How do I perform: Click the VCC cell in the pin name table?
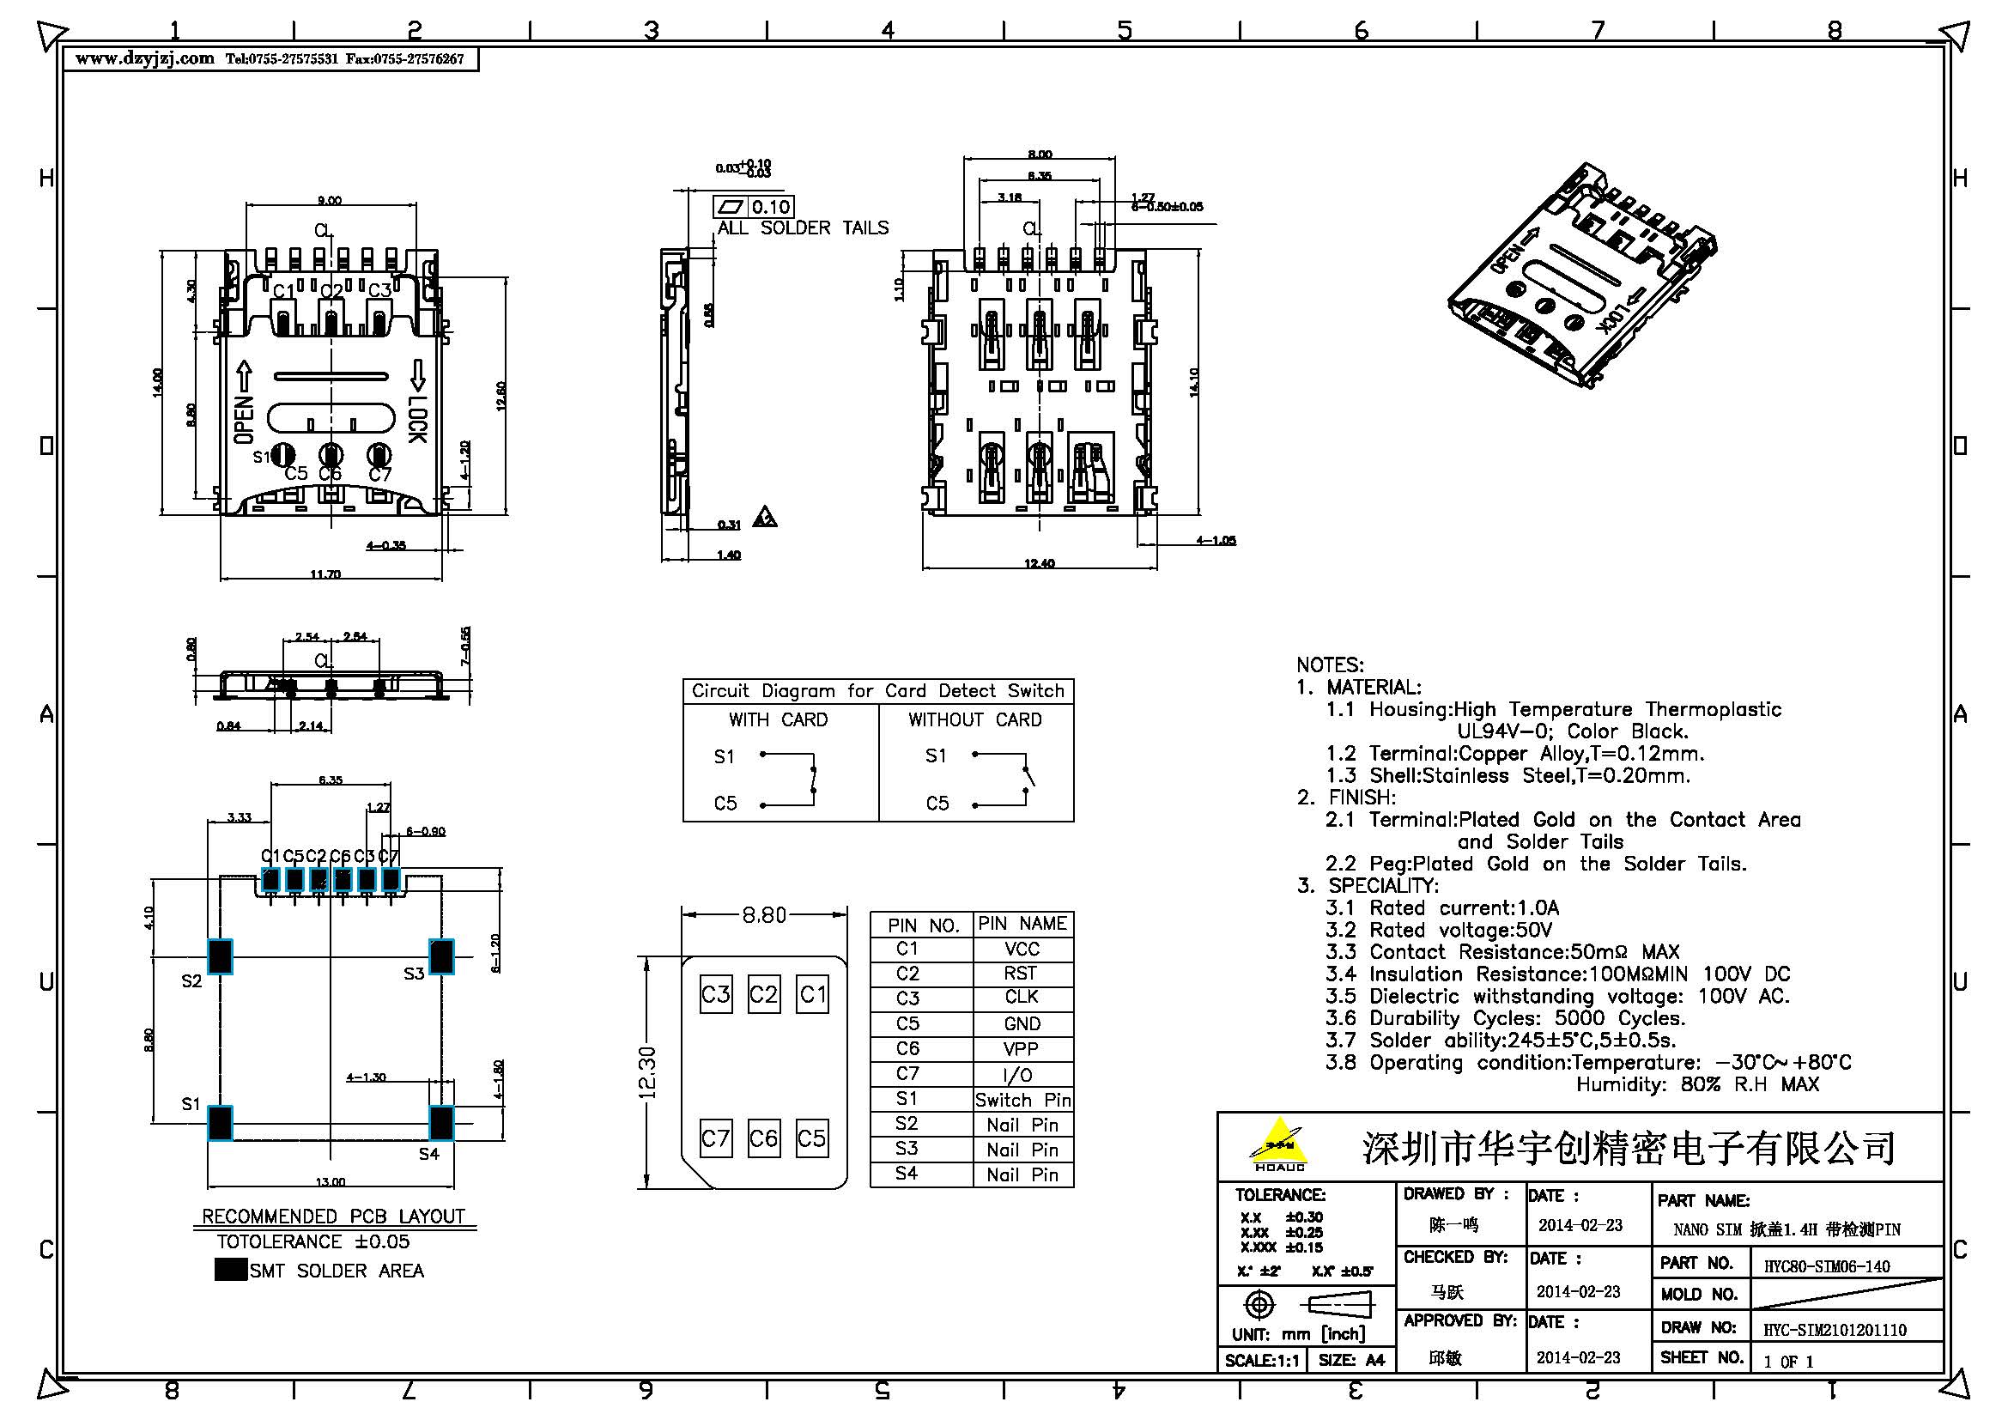pos(1022,949)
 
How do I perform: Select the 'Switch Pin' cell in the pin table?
pos(1022,1100)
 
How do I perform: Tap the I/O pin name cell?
pos(1022,1075)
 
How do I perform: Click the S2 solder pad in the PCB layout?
pos(221,956)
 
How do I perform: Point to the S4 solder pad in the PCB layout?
pos(441,1123)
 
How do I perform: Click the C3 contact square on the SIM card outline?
pos(715,995)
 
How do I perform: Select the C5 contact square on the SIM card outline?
pos(811,1138)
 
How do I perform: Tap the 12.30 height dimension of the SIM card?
pos(648,1072)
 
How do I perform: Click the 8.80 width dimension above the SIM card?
pos(763,915)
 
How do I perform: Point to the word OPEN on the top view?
pos(244,419)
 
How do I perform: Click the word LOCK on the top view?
pos(418,421)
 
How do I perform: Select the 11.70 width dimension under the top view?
pos(325,574)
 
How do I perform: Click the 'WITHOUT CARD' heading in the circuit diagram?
pos(974,719)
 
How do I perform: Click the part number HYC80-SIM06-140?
pos(1826,1266)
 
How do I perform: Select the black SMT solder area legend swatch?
pos(230,1270)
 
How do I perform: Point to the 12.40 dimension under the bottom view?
pos(1039,563)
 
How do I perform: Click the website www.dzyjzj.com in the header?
pos(144,59)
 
